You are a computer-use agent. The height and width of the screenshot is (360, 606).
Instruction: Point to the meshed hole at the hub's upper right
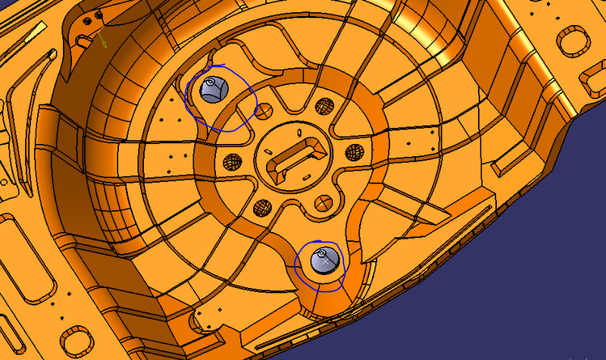pyautogui.click(x=324, y=105)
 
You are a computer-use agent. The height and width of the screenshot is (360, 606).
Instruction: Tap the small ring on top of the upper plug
pyautogui.click(x=211, y=80)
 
